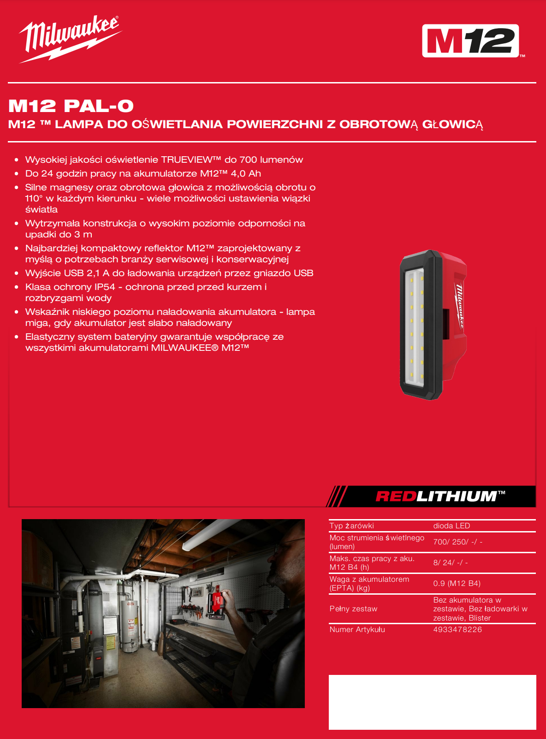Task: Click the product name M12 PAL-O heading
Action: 71,106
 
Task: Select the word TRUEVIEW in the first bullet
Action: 187,160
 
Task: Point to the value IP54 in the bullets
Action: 105,287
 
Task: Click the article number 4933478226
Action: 457,630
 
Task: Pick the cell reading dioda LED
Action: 451,526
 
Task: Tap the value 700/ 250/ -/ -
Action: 458,542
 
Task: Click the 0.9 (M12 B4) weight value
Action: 457,584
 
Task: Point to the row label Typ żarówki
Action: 351,526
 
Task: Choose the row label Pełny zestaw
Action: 353,609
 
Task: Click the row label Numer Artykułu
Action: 357,630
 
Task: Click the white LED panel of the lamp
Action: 415,327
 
